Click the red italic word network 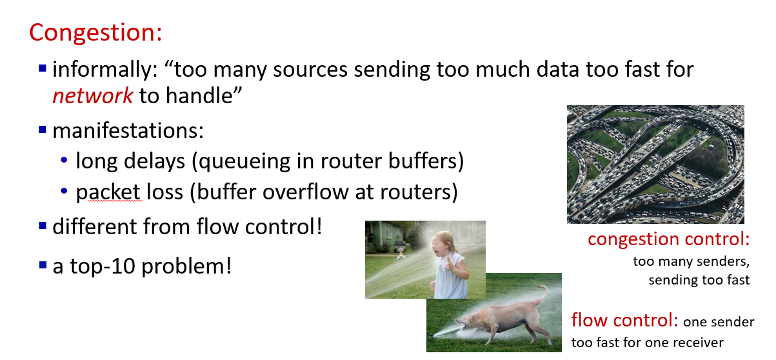click(x=92, y=95)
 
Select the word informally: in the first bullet click(x=105, y=70)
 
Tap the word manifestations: click(x=128, y=131)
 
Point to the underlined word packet click(x=108, y=192)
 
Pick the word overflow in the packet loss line click(x=306, y=192)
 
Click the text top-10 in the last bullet click(x=103, y=266)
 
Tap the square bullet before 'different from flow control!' click(x=43, y=226)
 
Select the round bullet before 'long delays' click(x=64, y=160)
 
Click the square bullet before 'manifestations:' click(x=43, y=130)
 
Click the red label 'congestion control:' click(x=669, y=239)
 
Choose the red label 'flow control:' click(x=624, y=320)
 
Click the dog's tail click(x=542, y=294)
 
